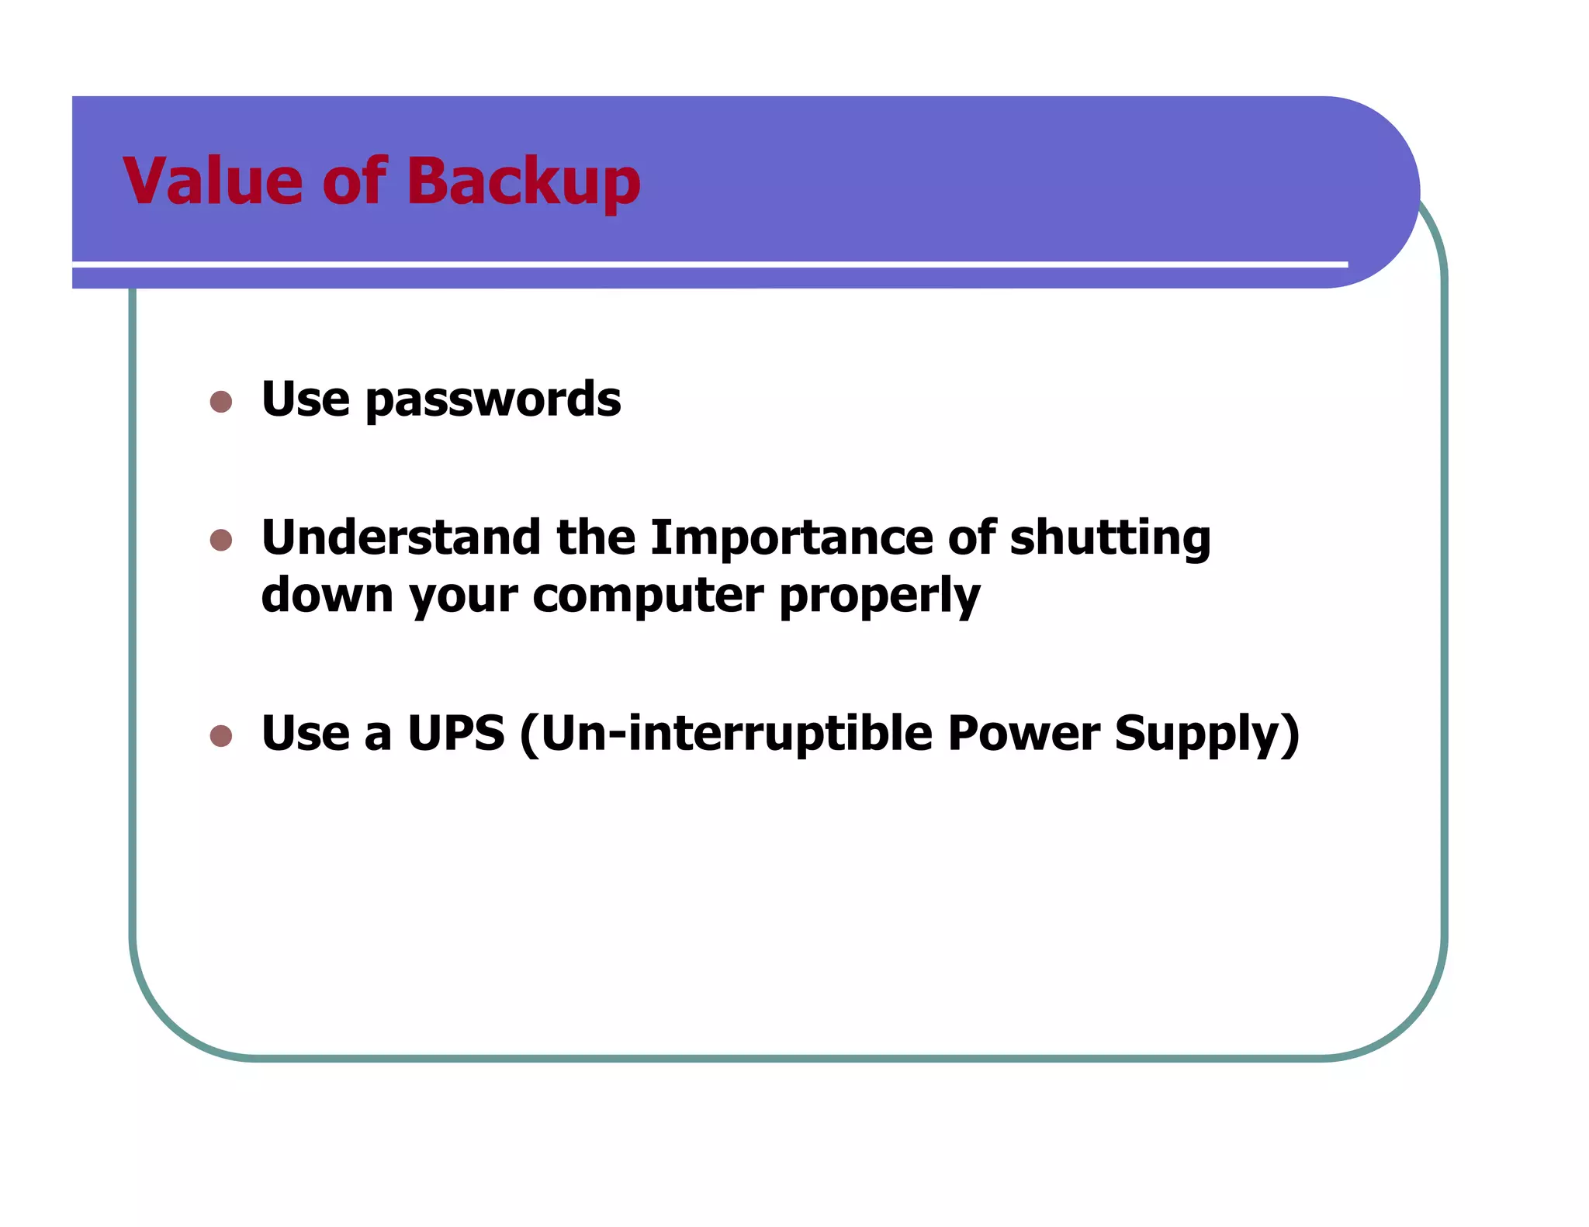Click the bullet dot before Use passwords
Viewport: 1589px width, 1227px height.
[221, 401]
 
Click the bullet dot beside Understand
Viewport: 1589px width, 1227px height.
[221, 540]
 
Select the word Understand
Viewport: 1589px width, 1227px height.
[400, 537]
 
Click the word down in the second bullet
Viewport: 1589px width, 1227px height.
[327, 596]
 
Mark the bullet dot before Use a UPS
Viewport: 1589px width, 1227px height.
[221, 735]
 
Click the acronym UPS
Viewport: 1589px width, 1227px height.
[456, 734]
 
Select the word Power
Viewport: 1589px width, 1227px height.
[1023, 734]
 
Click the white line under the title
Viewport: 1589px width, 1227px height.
[698, 264]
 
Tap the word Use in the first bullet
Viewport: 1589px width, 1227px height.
[305, 399]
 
